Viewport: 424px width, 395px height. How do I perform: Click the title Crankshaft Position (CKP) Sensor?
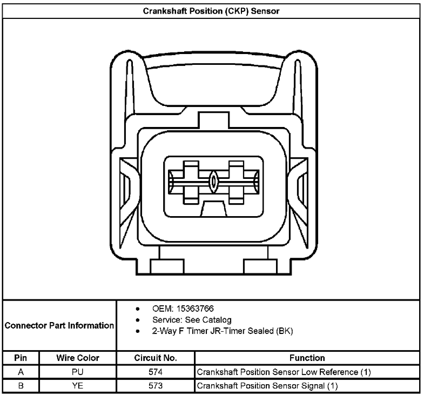coord(211,11)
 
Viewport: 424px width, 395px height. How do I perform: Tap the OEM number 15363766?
coord(195,309)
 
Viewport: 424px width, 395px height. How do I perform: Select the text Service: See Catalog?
coord(192,320)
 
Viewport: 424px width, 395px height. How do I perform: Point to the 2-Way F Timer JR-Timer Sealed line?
coord(223,331)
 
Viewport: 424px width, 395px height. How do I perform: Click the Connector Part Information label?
coord(59,325)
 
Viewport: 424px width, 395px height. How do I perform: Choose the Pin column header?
coord(21,358)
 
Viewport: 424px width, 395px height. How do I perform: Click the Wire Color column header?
coord(78,358)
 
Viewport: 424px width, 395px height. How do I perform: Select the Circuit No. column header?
coord(156,358)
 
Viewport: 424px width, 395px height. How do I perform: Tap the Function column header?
coord(307,358)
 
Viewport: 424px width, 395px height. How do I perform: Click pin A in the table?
coord(21,372)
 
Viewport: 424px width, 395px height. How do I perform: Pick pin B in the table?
coord(21,385)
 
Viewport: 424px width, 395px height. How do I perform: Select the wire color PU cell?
coord(78,372)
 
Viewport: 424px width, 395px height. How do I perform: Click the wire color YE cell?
coord(78,385)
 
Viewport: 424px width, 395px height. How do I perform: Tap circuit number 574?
coord(156,372)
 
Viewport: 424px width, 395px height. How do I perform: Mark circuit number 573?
coord(156,385)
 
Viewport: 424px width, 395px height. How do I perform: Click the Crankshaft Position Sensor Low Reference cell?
coord(284,372)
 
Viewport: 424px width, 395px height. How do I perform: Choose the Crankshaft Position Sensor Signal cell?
coord(267,386)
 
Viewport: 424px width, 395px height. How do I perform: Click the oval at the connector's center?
coord(213,182)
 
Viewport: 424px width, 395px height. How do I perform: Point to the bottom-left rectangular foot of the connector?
coord(167,266)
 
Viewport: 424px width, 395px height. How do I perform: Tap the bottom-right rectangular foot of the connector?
coord(260,266)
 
